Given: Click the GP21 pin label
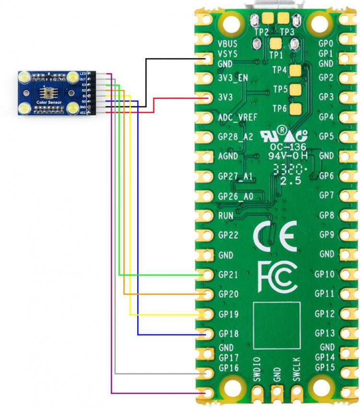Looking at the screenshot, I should [x=228, y=275].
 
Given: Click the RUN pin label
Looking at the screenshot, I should [x=226, y=216].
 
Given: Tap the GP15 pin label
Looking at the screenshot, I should [x=324, y=367].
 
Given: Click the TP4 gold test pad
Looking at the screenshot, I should [x=296, y=70].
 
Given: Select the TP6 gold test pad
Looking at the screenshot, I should [x=296, y=109].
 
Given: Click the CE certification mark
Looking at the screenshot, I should [x=274, y=236].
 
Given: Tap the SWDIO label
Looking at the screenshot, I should [x=257, y=369].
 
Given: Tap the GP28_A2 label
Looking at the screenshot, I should [x=235, y=137].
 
